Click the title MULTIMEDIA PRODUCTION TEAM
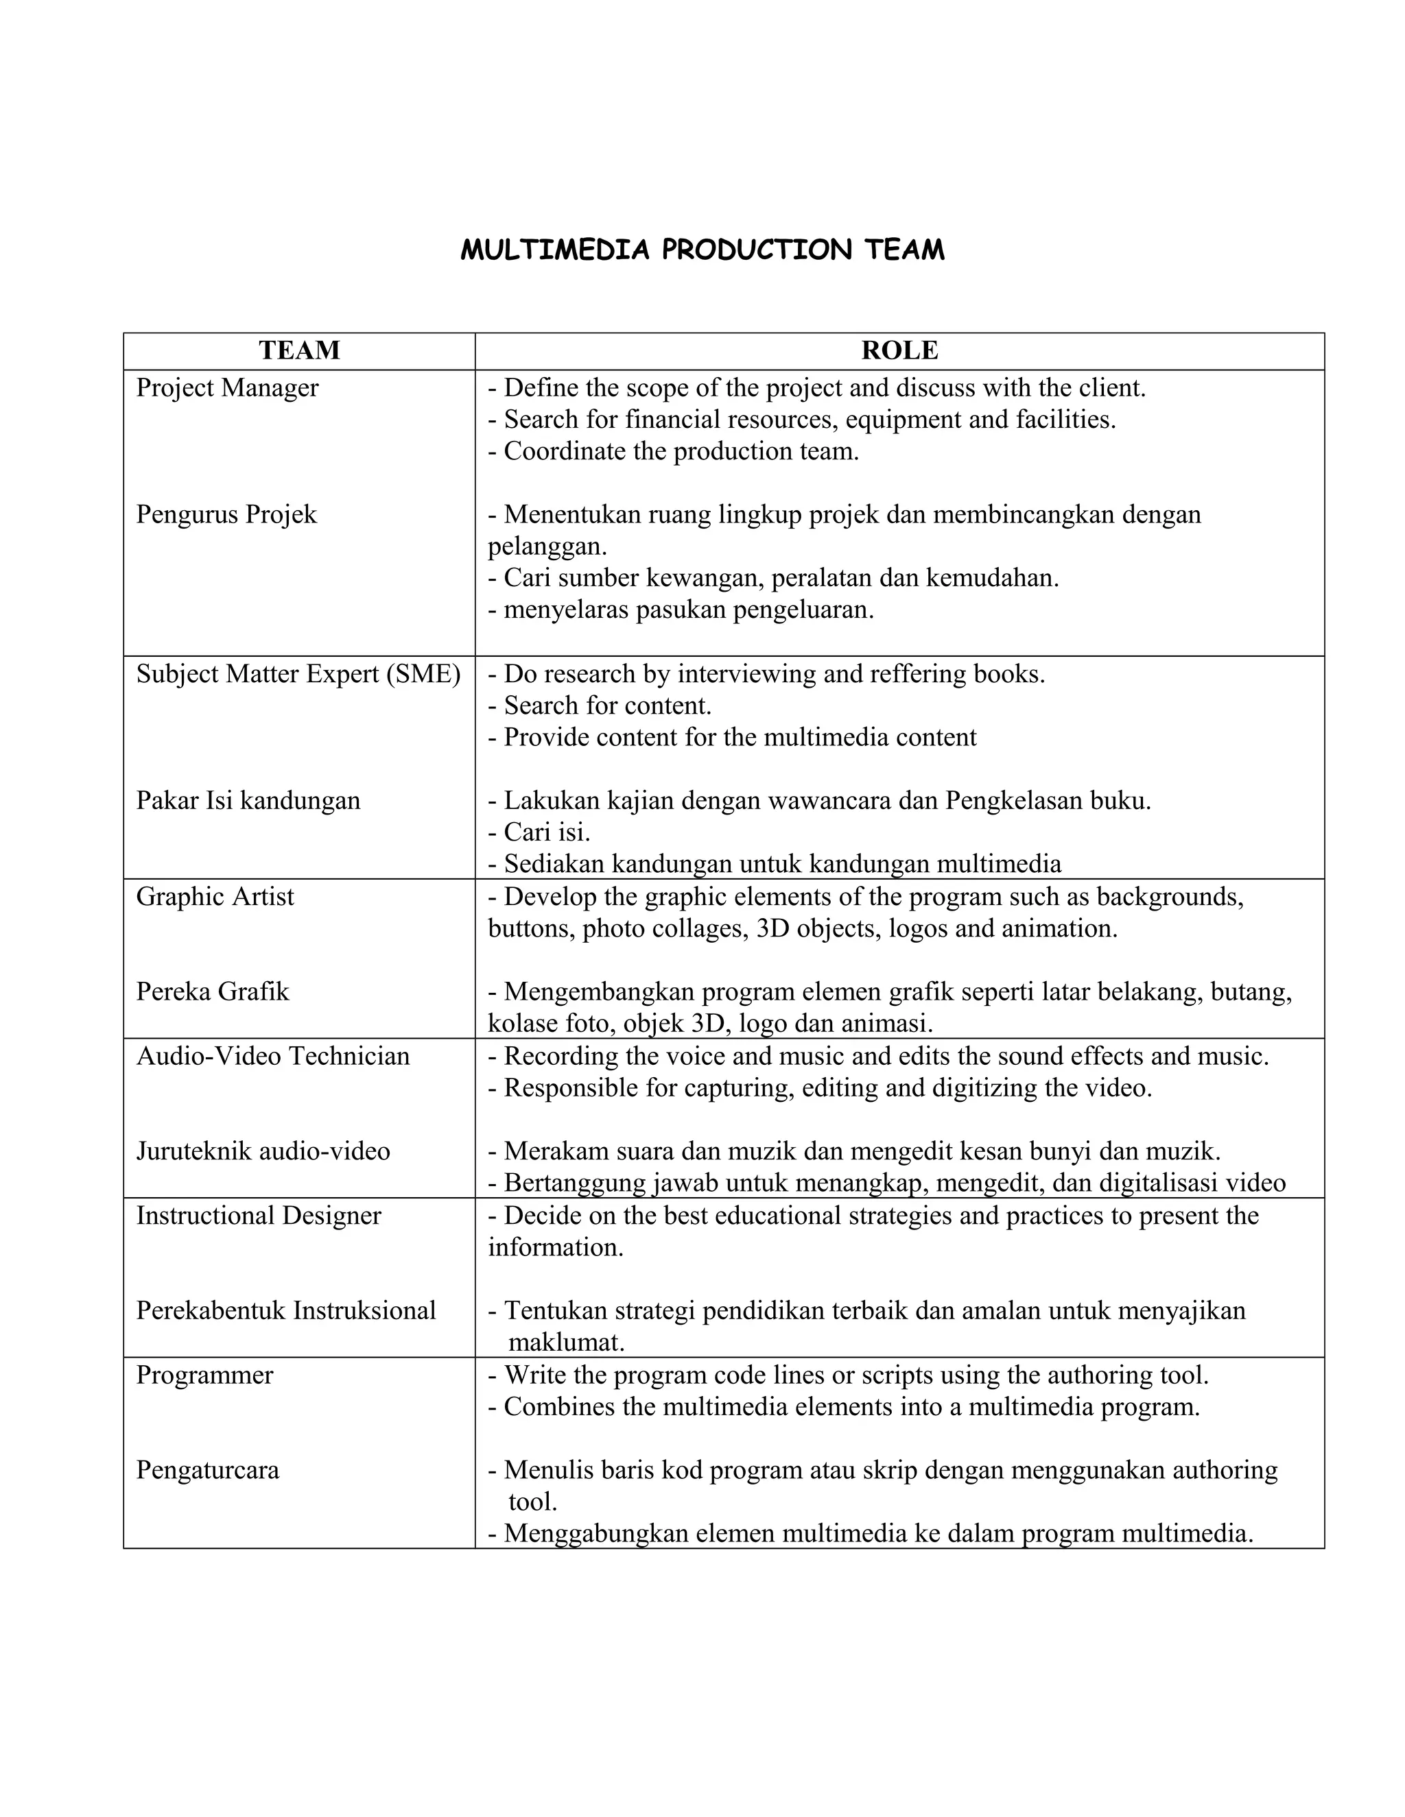coord(702,250)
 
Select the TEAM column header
coord(299,350)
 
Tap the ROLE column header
coord(899,350)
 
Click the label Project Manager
coord(227,387)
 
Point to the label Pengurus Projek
coord(226,514)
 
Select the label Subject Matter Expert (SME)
coord(298,674)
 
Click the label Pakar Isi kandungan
coord(248,800)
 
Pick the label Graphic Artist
coord(215,897)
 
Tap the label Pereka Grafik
coord(212,991)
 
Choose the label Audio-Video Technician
coord(273,1057)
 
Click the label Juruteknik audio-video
coord(263,1151)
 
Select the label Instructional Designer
coord(258,1216)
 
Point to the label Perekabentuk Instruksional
coord(285,1310)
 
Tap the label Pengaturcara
coord(207,1470)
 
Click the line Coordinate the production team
coord(674,452)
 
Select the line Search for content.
coord(601,706)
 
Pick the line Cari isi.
coord(539,832)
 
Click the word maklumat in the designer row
coord(566,1342)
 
